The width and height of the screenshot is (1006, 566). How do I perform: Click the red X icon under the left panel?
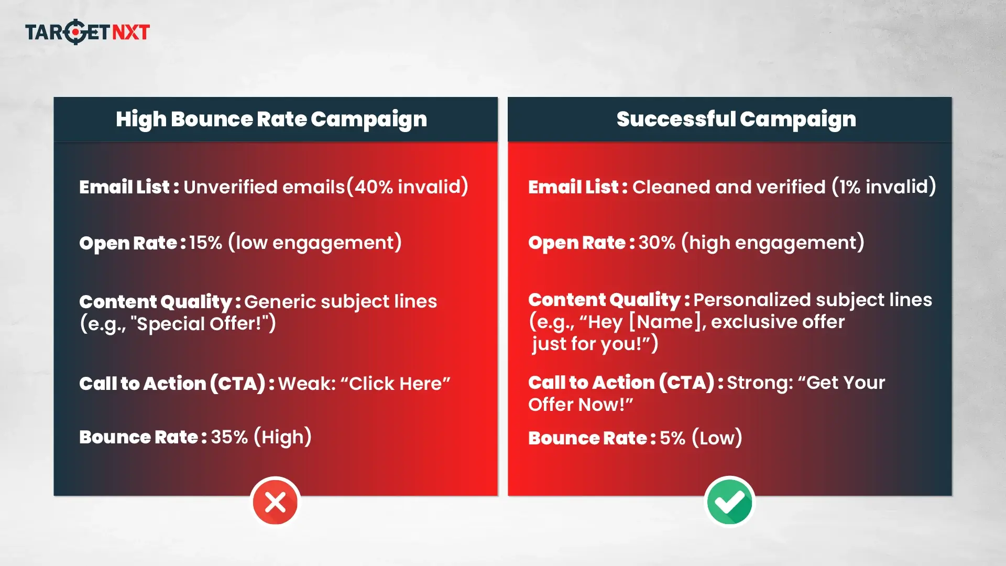click(275, 502)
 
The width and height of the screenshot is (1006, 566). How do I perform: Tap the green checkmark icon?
click(729, 502)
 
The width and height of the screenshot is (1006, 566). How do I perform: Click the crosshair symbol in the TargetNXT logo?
click(75, 32)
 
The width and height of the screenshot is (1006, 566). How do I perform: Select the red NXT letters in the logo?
click(131, 32)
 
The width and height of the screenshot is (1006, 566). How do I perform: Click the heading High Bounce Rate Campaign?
click(271, 119)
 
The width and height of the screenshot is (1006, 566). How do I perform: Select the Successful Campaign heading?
click(736, 119)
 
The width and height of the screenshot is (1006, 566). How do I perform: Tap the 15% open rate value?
click(205, 243)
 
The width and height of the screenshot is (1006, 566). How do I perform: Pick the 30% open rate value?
click(657, 243)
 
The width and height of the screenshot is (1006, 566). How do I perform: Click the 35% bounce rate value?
click(229, 437)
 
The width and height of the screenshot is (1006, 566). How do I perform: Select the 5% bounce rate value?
click(672, 438)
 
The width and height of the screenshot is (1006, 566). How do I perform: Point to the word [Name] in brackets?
click(664, 322)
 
